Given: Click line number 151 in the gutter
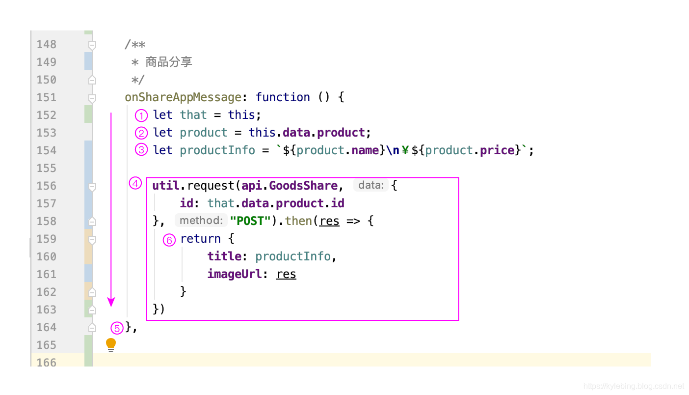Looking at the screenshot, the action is [x=47, y=97].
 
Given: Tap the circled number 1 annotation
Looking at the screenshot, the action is [x=141, y=116].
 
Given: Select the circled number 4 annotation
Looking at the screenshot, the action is [x=135, y=183].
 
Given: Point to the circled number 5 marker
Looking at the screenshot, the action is [x=117, y=328].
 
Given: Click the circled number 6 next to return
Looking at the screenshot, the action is [x=169, y=240].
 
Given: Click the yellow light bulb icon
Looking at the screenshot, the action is [x=111, y=344].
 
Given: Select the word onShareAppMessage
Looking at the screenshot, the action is [x=183, y=97].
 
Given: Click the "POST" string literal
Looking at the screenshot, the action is [x=250, y=221].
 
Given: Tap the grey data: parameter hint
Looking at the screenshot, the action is [x=371, y=185].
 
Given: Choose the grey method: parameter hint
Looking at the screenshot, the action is [x=201, y=221].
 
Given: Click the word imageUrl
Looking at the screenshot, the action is [x=234, y=274].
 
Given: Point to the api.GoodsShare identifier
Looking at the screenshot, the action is [x=290, y=186].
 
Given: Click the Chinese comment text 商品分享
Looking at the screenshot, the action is [x=169, y=62].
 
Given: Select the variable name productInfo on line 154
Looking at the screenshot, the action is [x=217, y=150].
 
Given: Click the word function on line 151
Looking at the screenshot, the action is [x=283, y=97].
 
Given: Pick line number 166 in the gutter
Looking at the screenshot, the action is [x=47, y=363].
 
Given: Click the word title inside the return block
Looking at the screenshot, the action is [x=224, y=256].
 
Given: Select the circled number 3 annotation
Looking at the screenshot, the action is [x=141, y=150].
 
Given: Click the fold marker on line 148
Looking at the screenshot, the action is [x=92, y=45].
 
